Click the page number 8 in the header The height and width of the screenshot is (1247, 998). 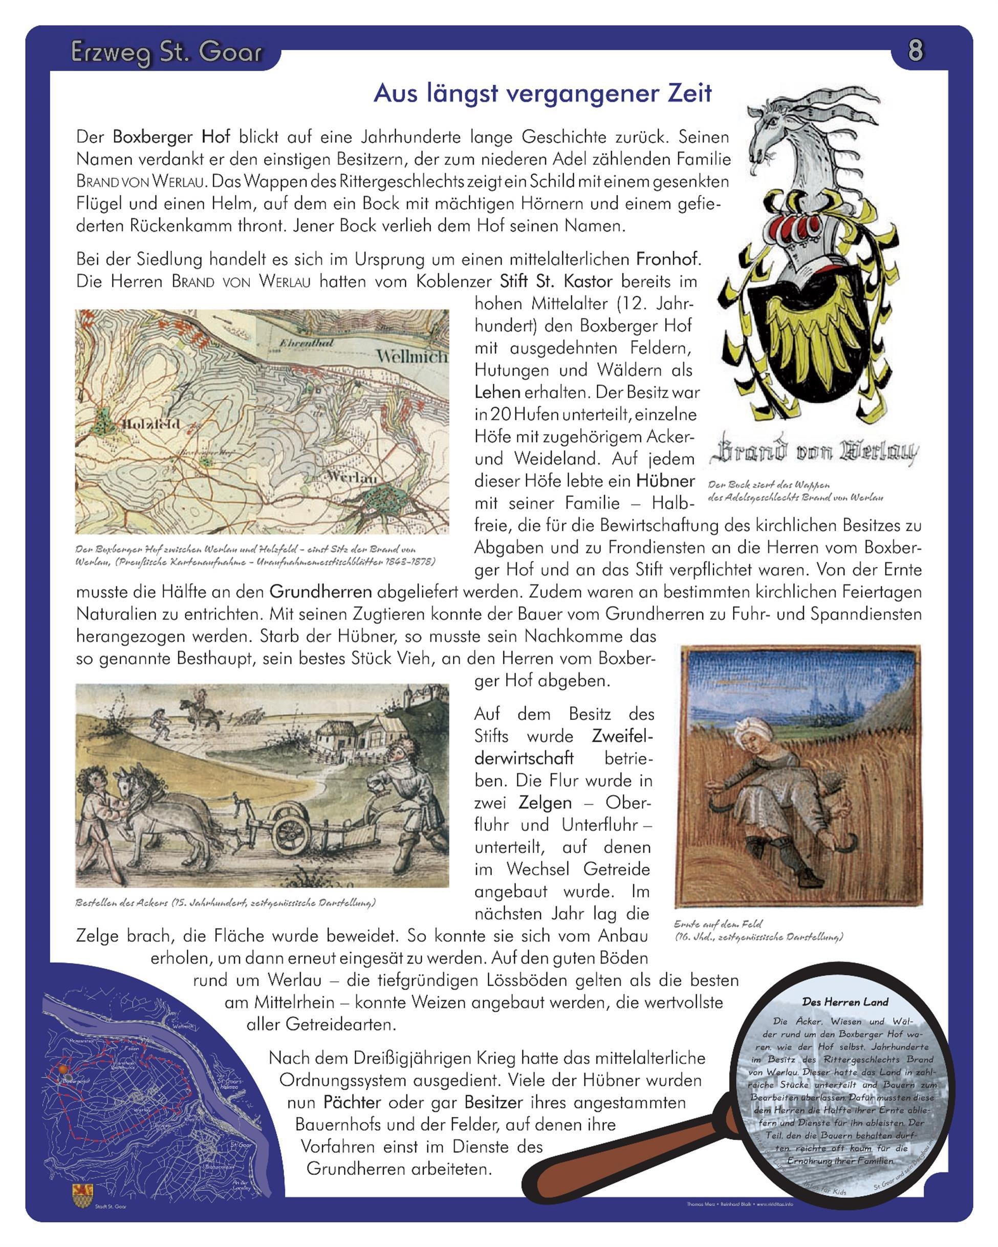click(915, 50)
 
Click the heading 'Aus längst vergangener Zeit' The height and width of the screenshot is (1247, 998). click(542, 93)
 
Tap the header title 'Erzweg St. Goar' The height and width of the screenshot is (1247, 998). click(167, 52)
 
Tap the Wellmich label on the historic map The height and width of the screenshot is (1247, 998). click(412, 356)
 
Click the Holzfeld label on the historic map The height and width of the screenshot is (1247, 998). click(151, 424)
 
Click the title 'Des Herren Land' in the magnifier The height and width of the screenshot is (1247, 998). click(844, 1002)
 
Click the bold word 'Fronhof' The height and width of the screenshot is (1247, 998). click(668, 258)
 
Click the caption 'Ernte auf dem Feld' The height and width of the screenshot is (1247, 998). click(718, 924)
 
